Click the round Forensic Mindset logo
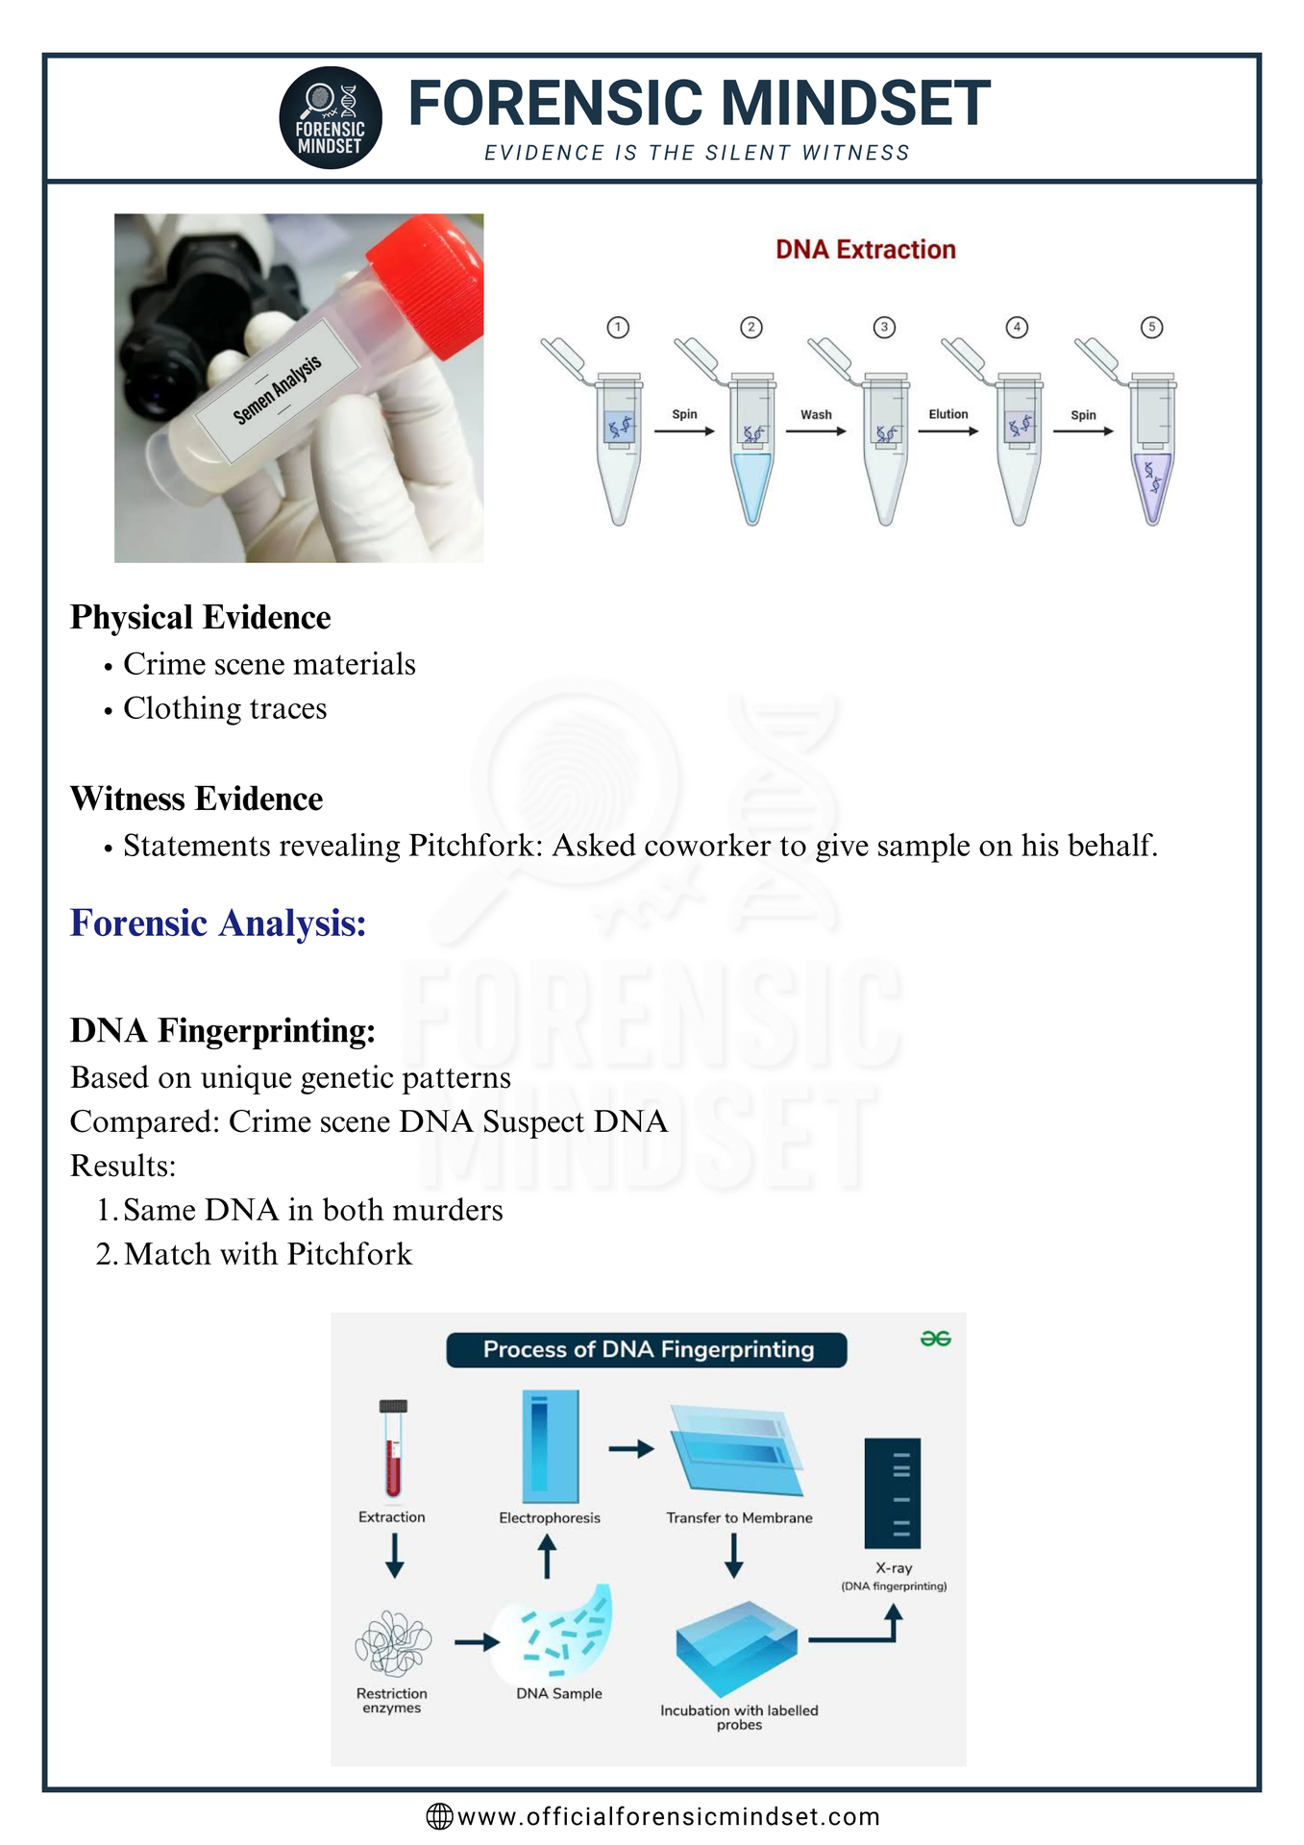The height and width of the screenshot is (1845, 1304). (x=331, y=118)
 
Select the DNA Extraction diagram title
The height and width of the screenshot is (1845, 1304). (x=866, y=250)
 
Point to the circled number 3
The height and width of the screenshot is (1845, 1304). (x=884, y=328)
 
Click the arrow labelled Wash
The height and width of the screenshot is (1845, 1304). (x=816, y=431)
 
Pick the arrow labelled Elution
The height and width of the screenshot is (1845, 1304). (x=948, y=431)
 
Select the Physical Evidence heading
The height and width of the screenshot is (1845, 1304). (x=201, y=618)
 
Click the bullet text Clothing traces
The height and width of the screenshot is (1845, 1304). (x=225, y=708)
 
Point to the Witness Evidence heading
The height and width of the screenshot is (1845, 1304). (x=197, y=799)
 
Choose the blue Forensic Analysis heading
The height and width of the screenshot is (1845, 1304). (x=219, y=923)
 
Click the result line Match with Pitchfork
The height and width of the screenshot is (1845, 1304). (x=268, y=1254)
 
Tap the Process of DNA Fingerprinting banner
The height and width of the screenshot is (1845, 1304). (x=647, y=1350)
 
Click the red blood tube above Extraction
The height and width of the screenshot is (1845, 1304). (x=393, y=1449)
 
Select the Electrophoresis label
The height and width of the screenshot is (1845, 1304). (x=550, y=1518)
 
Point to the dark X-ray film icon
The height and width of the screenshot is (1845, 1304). (x=893, y=1493)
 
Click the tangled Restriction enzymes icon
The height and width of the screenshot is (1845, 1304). (x=393, y=1644)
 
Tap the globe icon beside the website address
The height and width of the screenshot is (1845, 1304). (x=439, y=1816)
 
